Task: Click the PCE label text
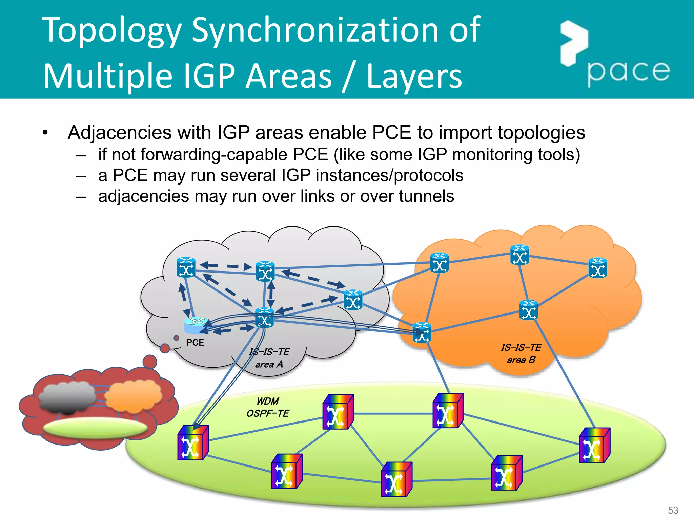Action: [x=195, y=343]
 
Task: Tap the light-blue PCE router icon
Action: [x=195, y=325]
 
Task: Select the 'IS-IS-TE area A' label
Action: [x=269, y=358]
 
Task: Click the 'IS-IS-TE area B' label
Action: [x=521, y=353]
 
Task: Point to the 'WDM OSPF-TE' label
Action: [x=268, y=407]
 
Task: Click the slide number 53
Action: [x=673, y=510]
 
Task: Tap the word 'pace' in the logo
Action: [x=628, y=72]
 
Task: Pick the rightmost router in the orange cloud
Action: [x=598, y=268]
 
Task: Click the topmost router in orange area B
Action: [x=519, y=255]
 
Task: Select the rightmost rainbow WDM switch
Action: [x=594, y=445]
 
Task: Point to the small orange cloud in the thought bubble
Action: [x=133, y=395]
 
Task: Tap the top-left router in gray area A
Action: [x=186, y=267]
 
